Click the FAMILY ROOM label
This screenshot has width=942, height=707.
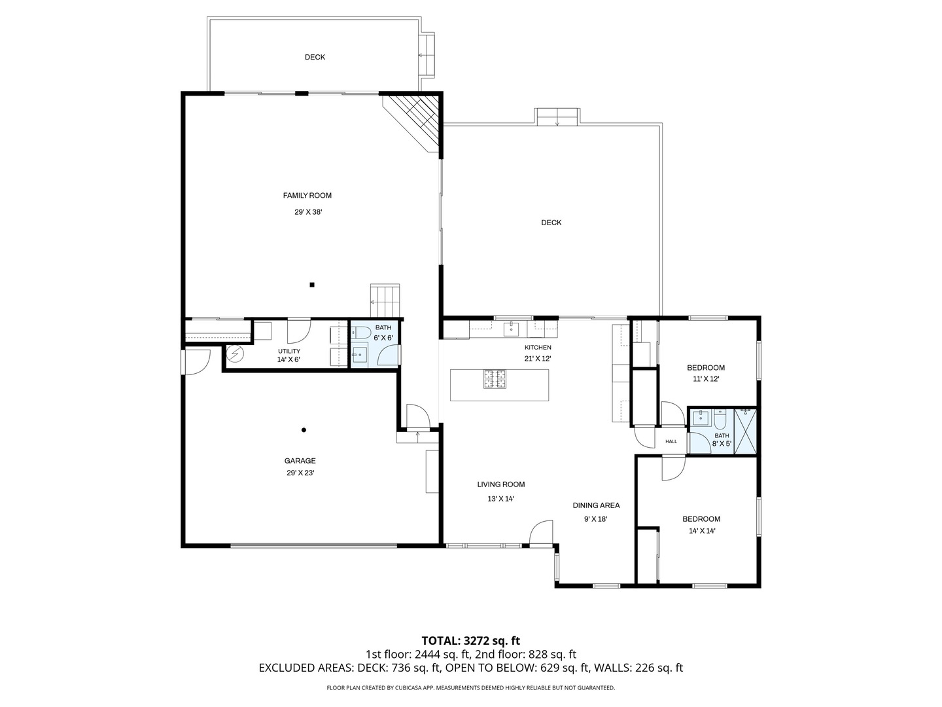coord(307,195)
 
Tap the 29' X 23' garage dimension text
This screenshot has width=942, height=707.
coord(300,473)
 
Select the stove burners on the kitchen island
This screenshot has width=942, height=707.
coord(495,378)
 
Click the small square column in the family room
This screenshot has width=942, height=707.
coord(312,285)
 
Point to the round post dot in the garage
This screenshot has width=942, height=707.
coord(304,430)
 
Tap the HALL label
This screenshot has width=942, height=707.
coord(671,442)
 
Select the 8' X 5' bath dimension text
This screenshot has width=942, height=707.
coord(722,444)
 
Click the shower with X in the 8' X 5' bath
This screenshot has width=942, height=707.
coord(745,431)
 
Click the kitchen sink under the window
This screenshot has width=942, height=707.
coord(511,328)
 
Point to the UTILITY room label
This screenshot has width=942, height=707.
coord(288,351)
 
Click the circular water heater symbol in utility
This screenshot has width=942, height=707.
coord(235,355)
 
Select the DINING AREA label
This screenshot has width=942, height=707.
coord(596,505)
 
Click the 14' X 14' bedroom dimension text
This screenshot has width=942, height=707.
coord(701,531)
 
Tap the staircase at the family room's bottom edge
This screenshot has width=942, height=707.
coord(385,300)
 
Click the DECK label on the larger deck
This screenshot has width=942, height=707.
coord(551,223)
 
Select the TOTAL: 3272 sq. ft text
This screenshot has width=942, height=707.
coord(470,640)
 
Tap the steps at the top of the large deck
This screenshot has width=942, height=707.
coord(557,117)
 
